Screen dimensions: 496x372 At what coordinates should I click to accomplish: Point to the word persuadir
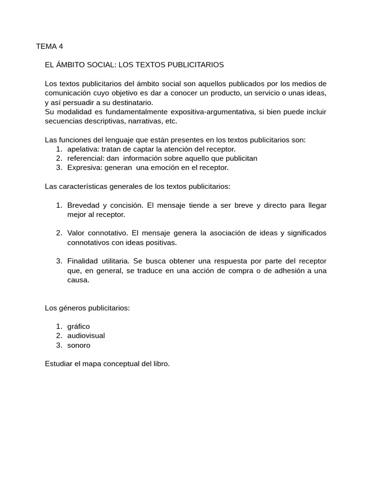click(x=77, y=103)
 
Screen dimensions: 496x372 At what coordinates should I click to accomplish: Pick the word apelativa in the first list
click(x=83, y=149)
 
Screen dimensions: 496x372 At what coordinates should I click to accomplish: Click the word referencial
click(x=86, y=158)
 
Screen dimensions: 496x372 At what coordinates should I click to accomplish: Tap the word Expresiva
click(x=85, y=168)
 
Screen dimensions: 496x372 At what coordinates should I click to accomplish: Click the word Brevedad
click(x=83, y=205)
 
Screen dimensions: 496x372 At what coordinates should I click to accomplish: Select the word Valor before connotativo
click(x=76, y=233)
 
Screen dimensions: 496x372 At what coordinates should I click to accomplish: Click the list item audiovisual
click(x=86, y=336)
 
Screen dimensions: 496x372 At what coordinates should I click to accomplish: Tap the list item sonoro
click(x=78, y=345)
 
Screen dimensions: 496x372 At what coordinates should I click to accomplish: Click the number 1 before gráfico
click(x=59, y=326)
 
